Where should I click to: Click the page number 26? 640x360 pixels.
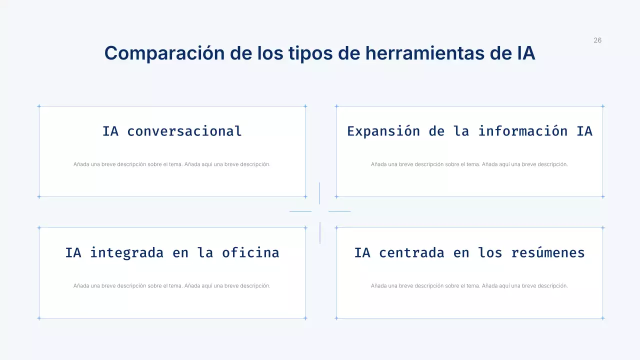(597, 40)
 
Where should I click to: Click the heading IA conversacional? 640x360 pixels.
(172, 131)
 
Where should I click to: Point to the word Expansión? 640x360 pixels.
(383, 131)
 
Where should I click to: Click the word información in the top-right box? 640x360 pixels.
(522, 131)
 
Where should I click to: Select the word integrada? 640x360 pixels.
(126, 252)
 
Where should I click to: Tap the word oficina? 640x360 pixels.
(250, 252)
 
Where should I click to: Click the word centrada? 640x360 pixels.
(411, 252)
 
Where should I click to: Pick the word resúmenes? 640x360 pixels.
(548, 252)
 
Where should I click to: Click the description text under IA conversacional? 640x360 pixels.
(172, 164)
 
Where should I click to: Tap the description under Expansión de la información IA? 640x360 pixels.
(469, 164)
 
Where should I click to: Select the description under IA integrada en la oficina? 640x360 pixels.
(172, 286)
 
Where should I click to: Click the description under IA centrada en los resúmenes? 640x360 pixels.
(469, 286)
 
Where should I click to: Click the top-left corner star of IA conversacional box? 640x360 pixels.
(39, 106)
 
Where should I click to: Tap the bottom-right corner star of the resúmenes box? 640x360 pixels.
(602, 318)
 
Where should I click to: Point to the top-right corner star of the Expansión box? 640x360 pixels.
(602, 106)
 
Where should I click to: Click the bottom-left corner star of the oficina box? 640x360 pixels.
(39, 318)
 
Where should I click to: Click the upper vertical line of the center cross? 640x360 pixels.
(319, 193)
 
